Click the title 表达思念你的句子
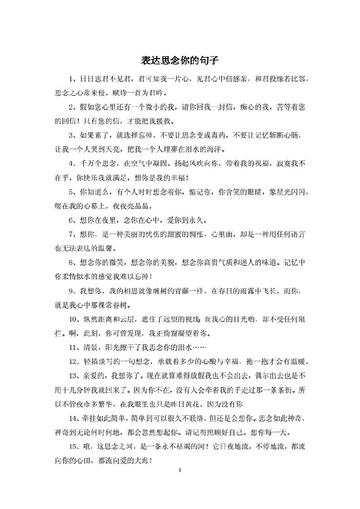click(x=180, y=61)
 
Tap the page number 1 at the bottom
click(x=180, y=470)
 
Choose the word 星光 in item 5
click(x=280, y=192)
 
